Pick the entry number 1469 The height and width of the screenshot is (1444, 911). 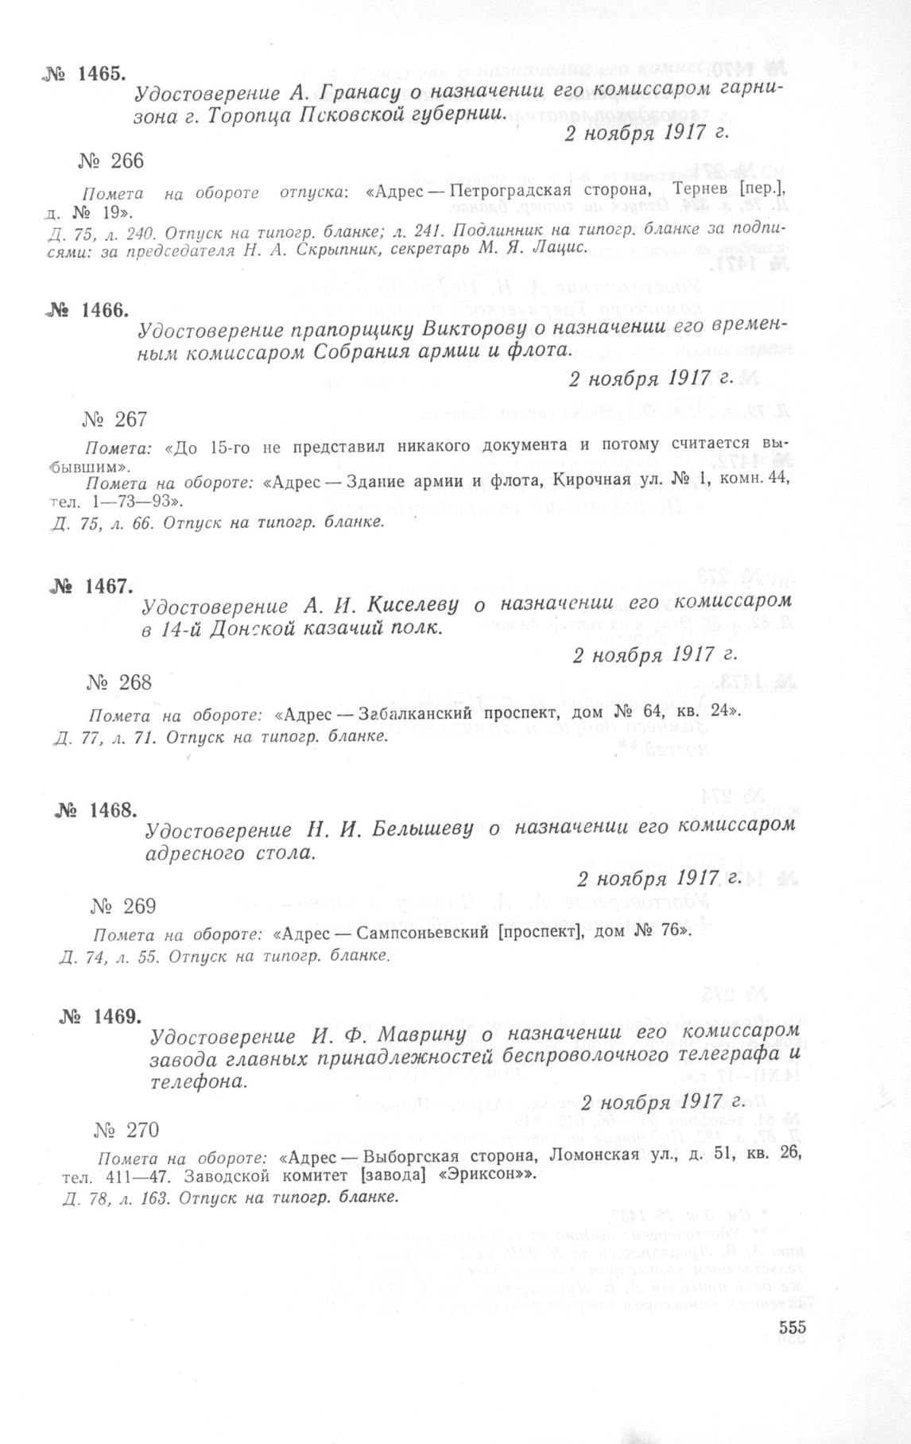coord(103,1017)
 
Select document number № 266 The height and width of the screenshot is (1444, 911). coord(111,161)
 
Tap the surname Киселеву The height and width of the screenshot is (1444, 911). coord(413,607)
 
